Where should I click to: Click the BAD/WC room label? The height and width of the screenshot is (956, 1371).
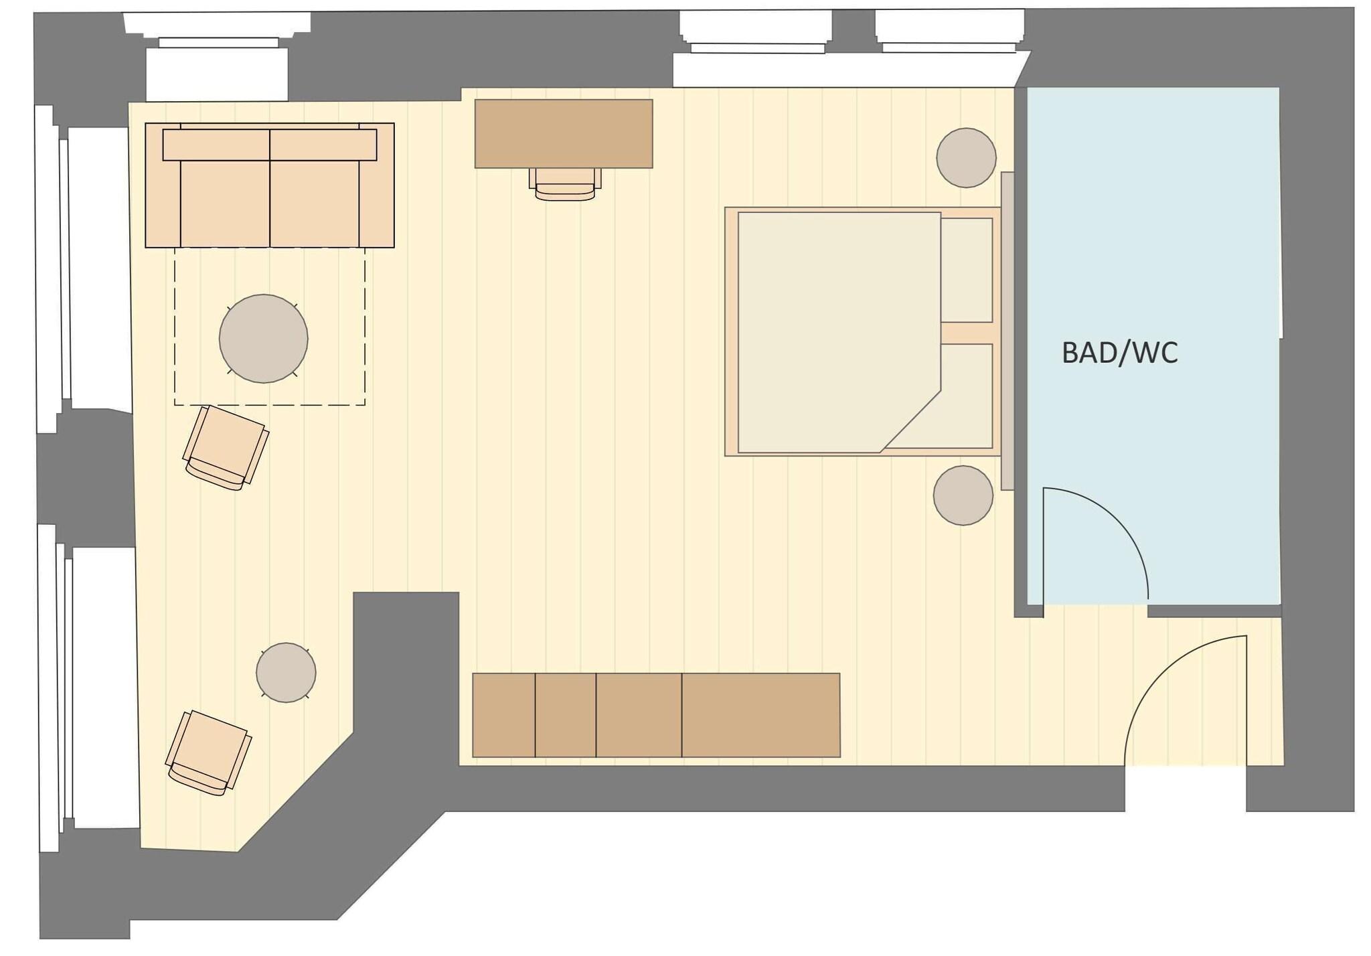pos(1119,353)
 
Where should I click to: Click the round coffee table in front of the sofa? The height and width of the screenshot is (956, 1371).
pos(263,339)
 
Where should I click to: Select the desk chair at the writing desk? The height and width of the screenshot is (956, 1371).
pos(565,184)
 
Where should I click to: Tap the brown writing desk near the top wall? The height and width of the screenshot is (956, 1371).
pos(564,133)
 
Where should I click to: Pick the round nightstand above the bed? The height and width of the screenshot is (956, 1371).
pos(966,158)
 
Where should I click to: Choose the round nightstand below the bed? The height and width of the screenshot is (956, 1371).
pos(963,495)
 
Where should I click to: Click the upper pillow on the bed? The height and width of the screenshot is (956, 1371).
pos(967,270)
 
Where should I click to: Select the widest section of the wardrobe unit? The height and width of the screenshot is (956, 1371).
pos(760,715)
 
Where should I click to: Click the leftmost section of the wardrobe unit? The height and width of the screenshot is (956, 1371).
pos(503,715)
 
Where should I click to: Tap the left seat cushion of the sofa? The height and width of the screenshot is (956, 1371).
pos(225,203)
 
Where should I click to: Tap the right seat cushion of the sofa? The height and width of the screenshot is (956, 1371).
pos(315,203)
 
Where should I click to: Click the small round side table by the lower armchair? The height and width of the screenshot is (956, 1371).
pos(286,672)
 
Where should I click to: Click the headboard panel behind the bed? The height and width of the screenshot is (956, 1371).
pos(1007,331)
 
